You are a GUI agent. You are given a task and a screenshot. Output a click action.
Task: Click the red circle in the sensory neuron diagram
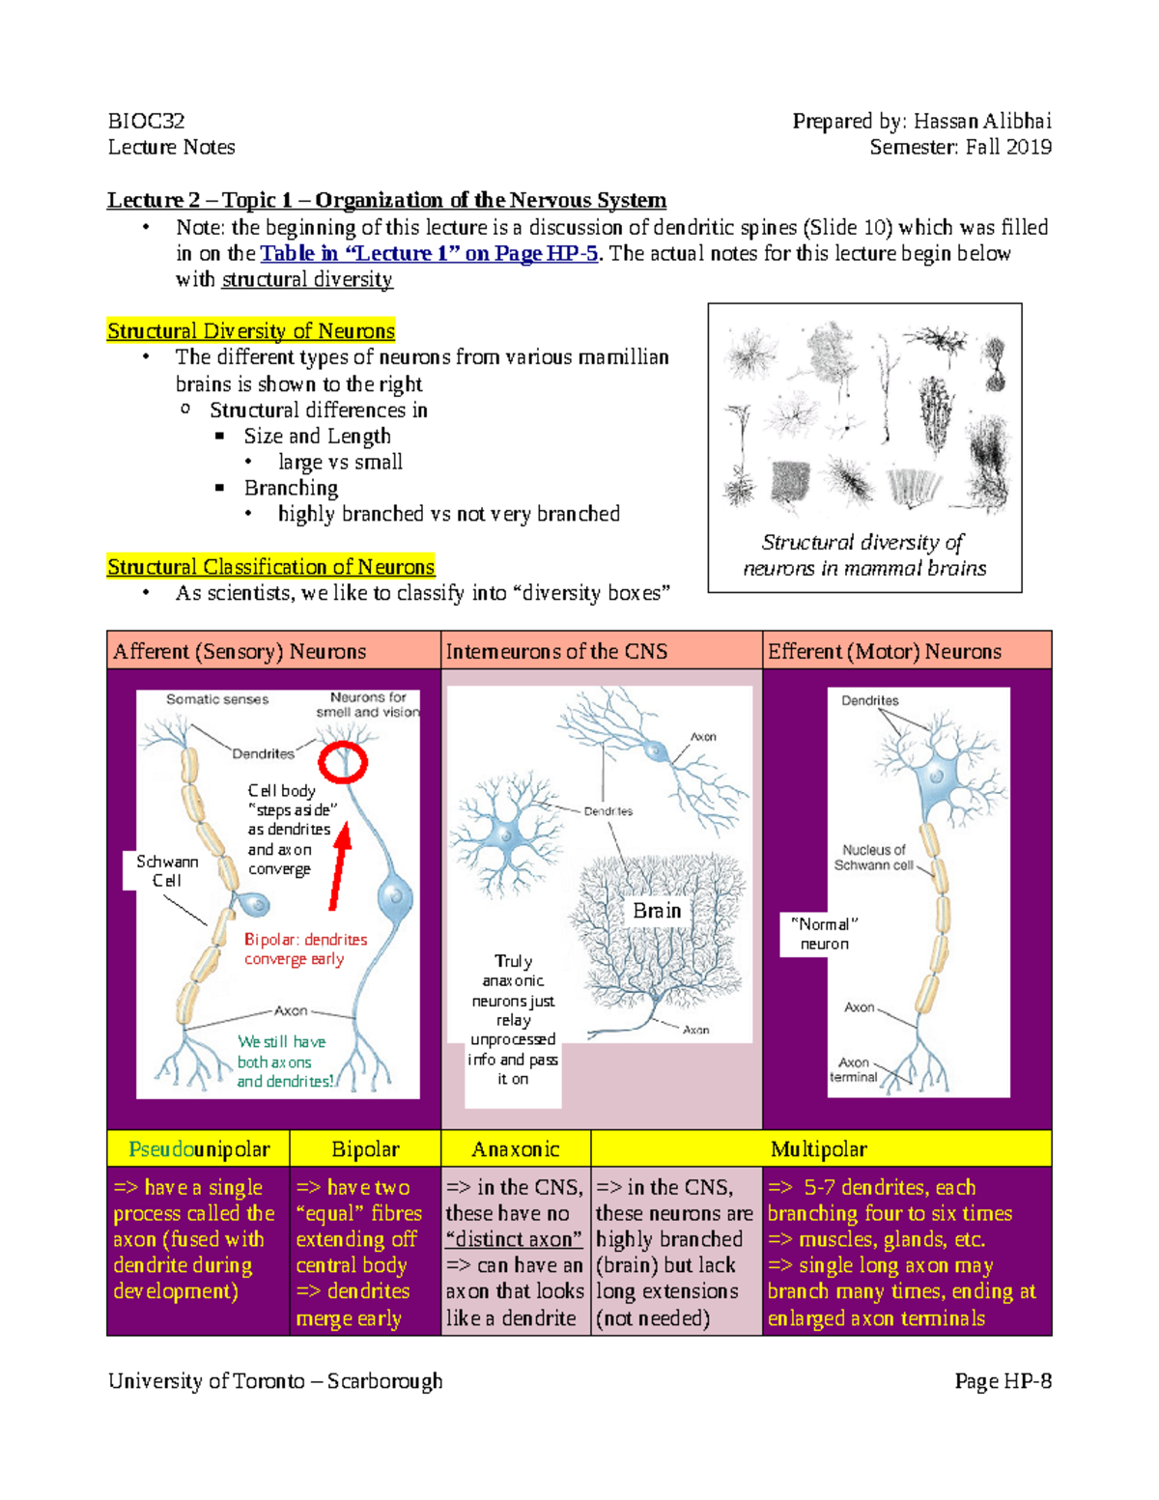[344, 762]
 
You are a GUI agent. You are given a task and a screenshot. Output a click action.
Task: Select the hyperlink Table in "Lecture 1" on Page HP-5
[429, 254]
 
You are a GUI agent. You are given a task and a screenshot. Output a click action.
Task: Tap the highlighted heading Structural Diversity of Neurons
[251, 331]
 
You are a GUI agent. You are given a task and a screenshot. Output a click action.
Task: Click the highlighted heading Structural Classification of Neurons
[270, 567]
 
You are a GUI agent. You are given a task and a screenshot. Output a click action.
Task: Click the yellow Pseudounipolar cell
[199, 1149]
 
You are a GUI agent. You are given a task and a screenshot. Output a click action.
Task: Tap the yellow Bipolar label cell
[365, 1149]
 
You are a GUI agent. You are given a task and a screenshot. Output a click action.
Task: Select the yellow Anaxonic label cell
[516, 1149]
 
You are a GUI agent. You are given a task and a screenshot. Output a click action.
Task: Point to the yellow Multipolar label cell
[819, 1149]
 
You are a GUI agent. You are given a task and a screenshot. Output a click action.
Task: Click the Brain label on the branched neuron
[657, 911]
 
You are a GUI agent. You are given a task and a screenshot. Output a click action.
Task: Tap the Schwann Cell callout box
[167, 870]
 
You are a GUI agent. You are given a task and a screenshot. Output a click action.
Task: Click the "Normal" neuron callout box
[824, 934]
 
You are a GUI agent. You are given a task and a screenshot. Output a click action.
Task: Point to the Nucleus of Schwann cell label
[873, 858]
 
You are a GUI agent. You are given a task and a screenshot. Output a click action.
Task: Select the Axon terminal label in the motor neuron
[853, 1069]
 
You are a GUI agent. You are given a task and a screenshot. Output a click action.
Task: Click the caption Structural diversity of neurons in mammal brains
[864, 555]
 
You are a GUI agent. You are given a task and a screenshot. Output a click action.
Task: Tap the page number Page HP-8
[1003, 1381]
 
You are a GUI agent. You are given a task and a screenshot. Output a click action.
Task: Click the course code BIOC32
[147, 121]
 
